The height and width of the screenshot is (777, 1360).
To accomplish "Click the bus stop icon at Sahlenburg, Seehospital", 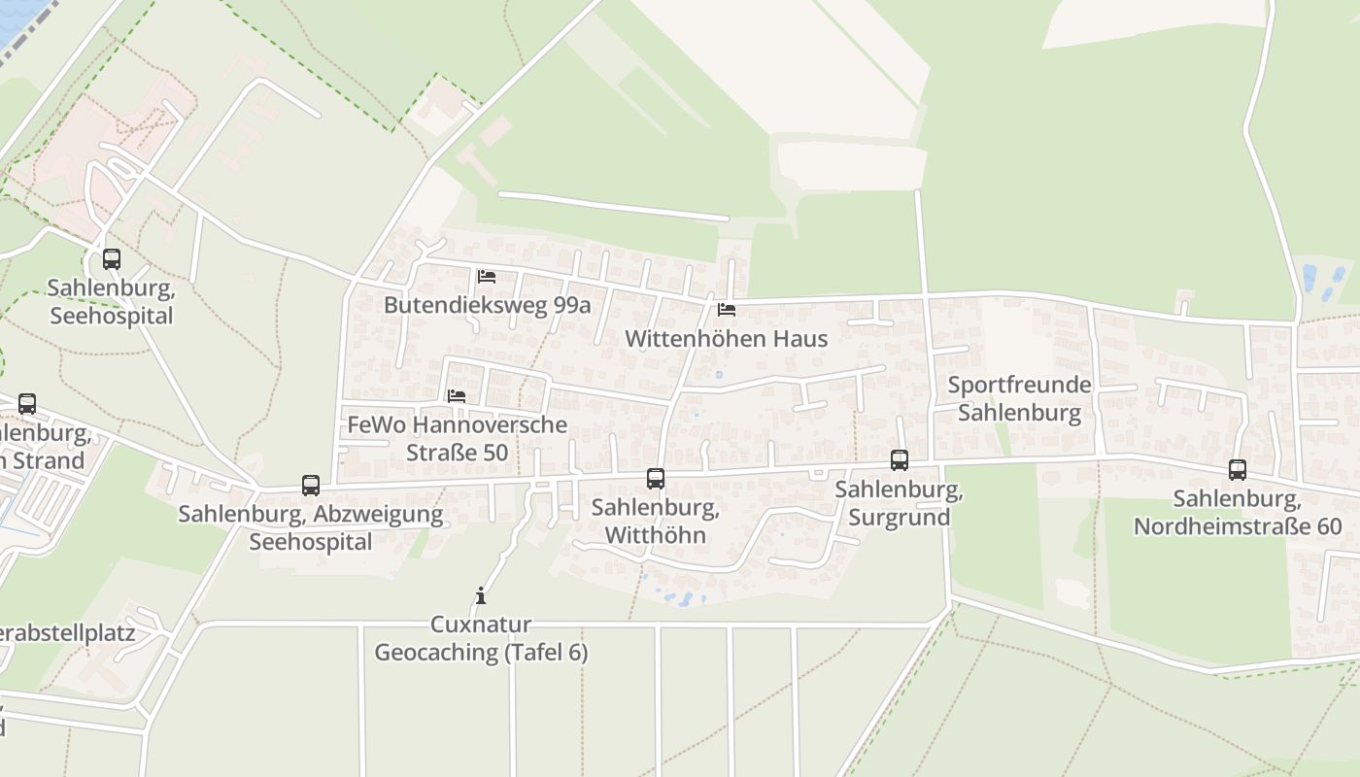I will [x=112, y=259].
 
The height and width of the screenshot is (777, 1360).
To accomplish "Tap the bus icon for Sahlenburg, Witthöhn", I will [x=656, y=478].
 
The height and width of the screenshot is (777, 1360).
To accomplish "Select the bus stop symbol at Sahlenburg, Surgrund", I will [x=900, y=460].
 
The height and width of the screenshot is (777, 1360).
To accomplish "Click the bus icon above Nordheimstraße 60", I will [x=1237, y=470].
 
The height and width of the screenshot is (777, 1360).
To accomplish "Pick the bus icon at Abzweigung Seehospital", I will [x=311, y=485].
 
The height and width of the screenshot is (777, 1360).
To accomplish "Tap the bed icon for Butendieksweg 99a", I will [x=487, y=277].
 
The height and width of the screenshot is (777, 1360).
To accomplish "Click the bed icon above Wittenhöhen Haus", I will [x=726, y=310].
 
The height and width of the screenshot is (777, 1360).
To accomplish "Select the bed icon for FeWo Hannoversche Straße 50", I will [x=457, y=396].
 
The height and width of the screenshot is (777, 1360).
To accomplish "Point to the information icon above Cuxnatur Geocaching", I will [x=480, y=595].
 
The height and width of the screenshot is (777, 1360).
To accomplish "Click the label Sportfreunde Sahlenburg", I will [x=1020, y=398].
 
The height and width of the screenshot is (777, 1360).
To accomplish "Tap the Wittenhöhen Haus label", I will [x=727, y=338].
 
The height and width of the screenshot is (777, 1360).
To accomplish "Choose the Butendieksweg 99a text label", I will [x=487, y=305].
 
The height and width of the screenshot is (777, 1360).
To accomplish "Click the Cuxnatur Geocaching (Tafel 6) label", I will [x=481, y=638].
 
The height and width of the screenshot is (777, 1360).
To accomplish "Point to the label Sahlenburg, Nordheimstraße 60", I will [x=1237, y=513].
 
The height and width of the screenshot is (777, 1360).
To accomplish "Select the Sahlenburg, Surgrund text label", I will [x=900, y=503].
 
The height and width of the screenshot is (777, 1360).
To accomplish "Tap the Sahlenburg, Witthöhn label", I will [x=656, y=521].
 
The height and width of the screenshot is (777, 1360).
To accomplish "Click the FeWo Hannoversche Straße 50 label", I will [x=457, y=439].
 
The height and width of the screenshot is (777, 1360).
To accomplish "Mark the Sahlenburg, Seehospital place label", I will [x=111, y=302].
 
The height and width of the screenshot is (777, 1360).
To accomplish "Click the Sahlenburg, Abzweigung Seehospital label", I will [x=311, y=527].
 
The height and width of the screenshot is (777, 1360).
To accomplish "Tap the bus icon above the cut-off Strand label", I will [x=27, y=403].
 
